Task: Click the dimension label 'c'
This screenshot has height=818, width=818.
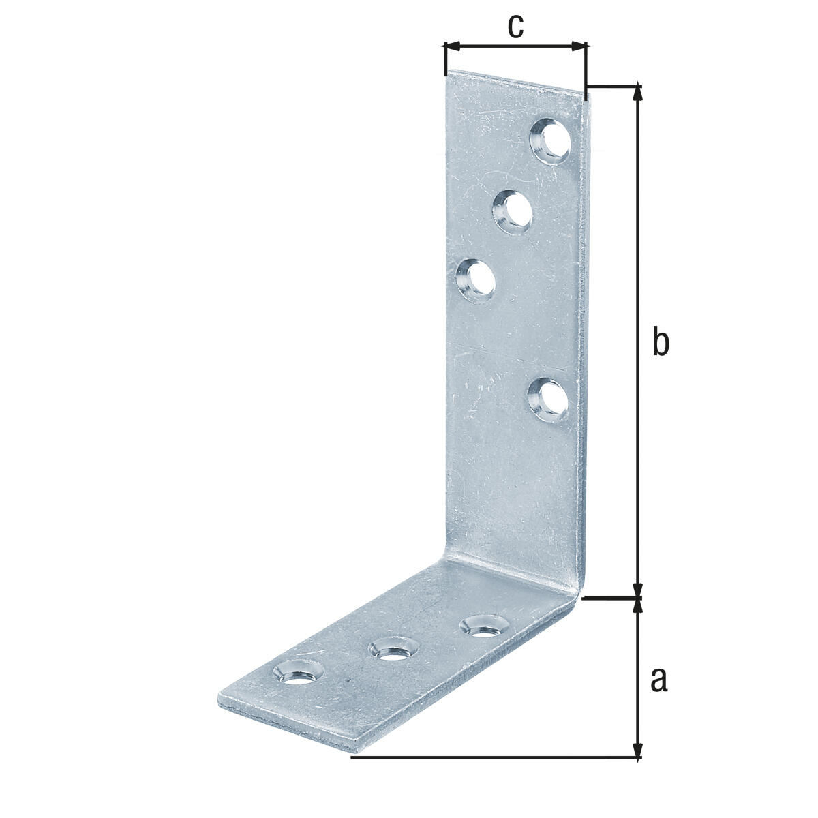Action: [x=515, y=27]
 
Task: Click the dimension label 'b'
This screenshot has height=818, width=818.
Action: [x=660, y=340]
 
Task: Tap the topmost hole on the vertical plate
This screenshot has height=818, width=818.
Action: [x=551, y=141]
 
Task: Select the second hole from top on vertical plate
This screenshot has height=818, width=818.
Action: [x=513, y=211]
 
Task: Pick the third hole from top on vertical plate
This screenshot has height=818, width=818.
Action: [x=475, y=281]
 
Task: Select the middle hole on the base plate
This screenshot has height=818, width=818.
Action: [x=393, y=660]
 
